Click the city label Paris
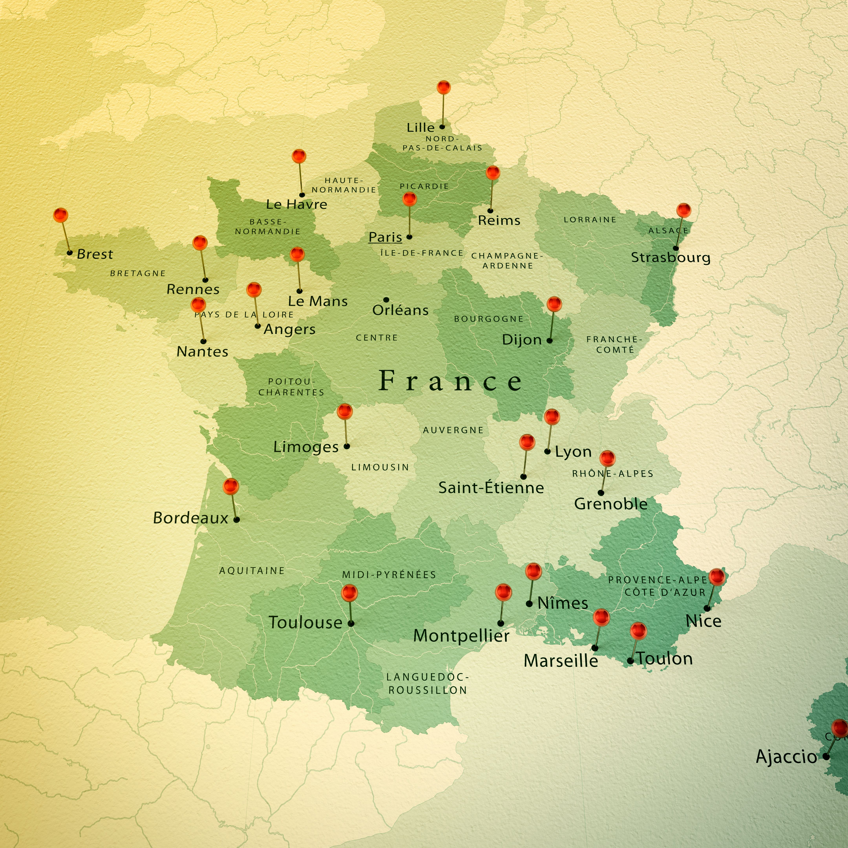(385, 237)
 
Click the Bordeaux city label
(190, 518)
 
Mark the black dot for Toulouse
(351, 623)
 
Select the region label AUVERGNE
(453, 430)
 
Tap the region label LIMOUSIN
(380, 467)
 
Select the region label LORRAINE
(590, 219)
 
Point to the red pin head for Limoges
(344, 411)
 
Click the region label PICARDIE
(424, 186)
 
